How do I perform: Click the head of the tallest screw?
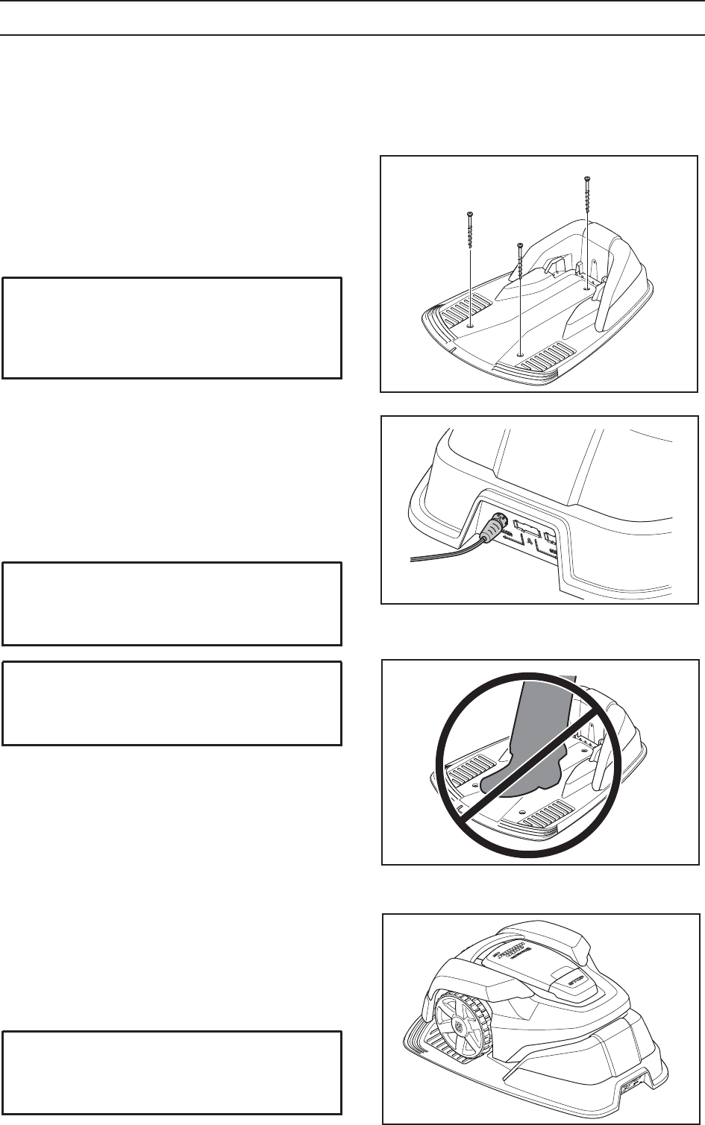[588, 177]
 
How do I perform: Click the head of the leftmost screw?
[471, 214]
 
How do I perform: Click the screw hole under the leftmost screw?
[471, 325]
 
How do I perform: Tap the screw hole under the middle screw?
[519, 355]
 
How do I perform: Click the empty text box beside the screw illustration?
[172, 327]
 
